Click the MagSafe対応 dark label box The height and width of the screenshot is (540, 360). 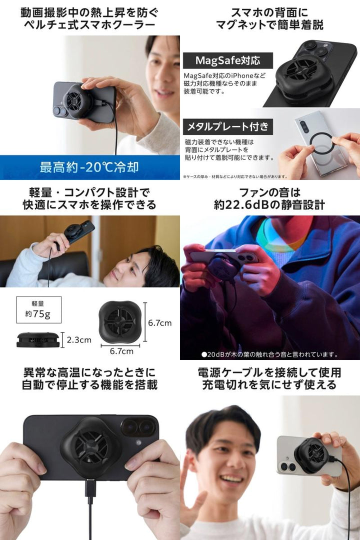click(227, 60)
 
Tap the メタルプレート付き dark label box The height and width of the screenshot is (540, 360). click(227, 126)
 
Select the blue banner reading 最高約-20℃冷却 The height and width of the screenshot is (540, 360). click(89, 167)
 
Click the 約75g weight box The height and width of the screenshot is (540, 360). click(39, 309)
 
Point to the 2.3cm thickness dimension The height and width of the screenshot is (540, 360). click(79, 340)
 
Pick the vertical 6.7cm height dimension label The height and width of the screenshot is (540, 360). click(160, 322)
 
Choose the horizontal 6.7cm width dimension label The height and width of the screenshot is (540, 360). click(121, 351)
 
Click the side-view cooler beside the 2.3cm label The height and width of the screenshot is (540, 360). click(38, 339)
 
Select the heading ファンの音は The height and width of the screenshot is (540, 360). click(269, 192)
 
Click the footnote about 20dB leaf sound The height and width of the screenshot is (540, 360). click(269, 354)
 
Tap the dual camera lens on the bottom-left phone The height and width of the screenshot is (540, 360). click(137, 427)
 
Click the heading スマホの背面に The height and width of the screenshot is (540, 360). click(269, 12)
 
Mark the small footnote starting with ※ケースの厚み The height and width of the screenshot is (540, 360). click(235, 176)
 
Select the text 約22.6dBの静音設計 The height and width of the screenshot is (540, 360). click(269, 205)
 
